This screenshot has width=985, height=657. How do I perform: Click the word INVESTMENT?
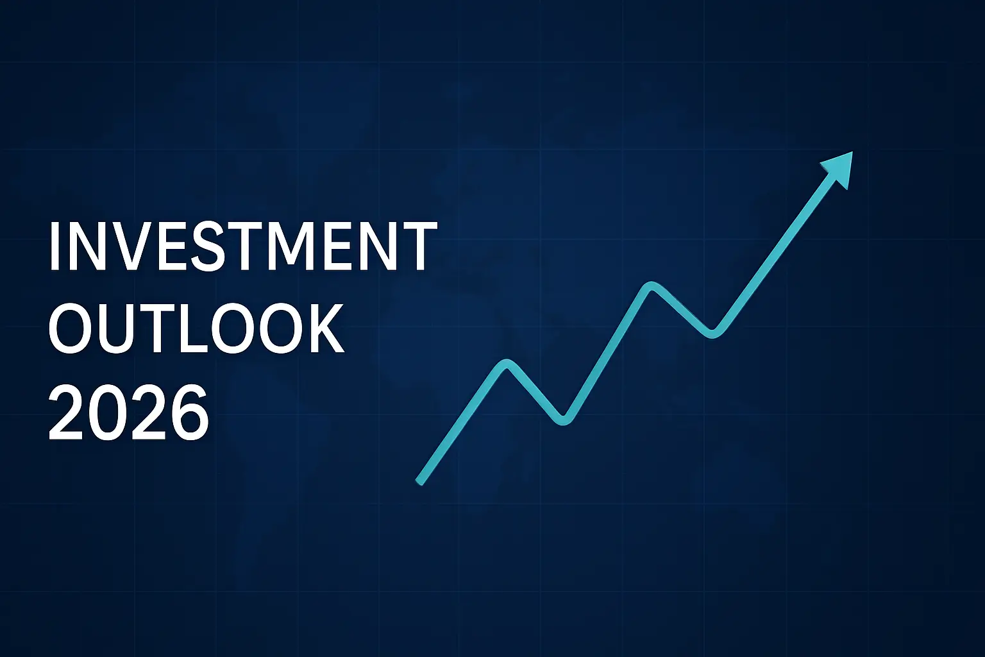(x=243, y=246)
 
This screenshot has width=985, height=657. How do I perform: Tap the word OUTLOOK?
(x=196, y=327)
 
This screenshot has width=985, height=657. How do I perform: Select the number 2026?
(x=128, y=412)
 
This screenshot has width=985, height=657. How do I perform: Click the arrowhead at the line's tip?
(x=838, y=169)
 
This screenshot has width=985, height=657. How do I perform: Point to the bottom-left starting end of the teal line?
(x=419, y=482)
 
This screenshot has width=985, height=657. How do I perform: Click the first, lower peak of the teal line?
(x=507, y=364)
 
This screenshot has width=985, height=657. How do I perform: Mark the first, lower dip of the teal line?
(x=563, y=421)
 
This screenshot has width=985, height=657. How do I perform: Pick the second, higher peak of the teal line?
(x=650, y=286)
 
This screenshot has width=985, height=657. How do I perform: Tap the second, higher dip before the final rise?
(x=712, y=334)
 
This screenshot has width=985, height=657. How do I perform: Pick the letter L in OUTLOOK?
(x=194, y=328)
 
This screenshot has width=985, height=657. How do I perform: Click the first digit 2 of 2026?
(x=66, y=411)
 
